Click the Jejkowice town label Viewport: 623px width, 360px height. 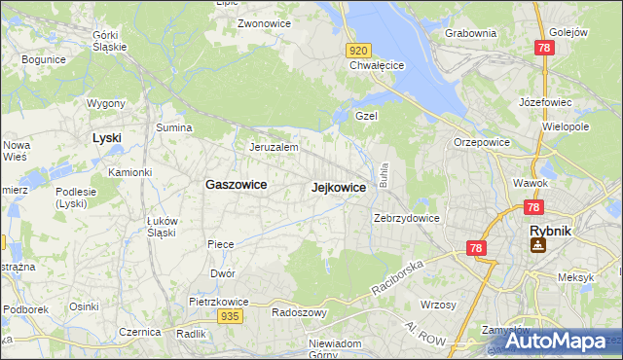(339, 187)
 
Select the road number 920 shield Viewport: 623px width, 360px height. (358, 50)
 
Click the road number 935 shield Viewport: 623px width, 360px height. (230, 316)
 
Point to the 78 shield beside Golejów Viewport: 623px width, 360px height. (544, 48)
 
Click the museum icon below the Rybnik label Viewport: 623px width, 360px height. (537, 246)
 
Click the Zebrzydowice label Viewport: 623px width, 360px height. (407, 218)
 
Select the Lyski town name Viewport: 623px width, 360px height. (106, 138)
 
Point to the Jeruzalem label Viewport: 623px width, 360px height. (273, 147)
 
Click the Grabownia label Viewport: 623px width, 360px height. (470, 33)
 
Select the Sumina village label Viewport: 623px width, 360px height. (174, 127)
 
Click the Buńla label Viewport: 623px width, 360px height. (385, 177)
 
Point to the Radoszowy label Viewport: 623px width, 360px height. (300, 313)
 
